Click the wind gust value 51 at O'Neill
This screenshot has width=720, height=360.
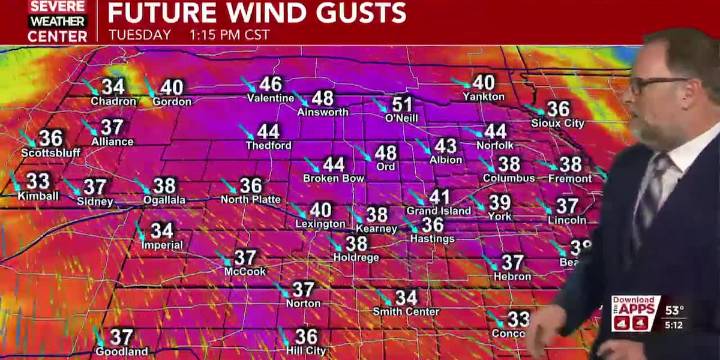pyautogui.click(x=402, y=104)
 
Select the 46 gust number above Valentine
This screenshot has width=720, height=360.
pyautogui.click(x=271, y=85)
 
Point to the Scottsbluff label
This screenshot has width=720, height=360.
pyautogui.click(x=50, y=153)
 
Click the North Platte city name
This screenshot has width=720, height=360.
pyautogui.click(x=250, y=200)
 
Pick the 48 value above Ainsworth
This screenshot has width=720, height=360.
pyautogui.click(x=322, y=98)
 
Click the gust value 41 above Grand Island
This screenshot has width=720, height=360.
pyautogui.click(x=440, y=197)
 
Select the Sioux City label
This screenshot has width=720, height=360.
pyautogui.click(x=558, y=123)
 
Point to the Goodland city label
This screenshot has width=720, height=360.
pyautogui.click(x=122, y=352)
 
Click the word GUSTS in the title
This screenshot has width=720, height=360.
pyautogui.click(x=351, y=13)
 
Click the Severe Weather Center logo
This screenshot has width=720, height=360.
pyautogui.click(x=56, y=21)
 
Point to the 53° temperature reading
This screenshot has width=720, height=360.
pyautogui.click(x=675, y=309)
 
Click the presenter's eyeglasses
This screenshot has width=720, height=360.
pyautogui.click(x=659, y=83)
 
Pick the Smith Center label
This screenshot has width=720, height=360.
pyautogui.click(x=406, y=311)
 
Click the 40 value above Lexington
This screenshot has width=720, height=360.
pyautogui.click(x=320, y=210)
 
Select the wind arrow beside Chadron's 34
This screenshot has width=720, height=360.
pyautogui.click(x=93, y=87)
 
